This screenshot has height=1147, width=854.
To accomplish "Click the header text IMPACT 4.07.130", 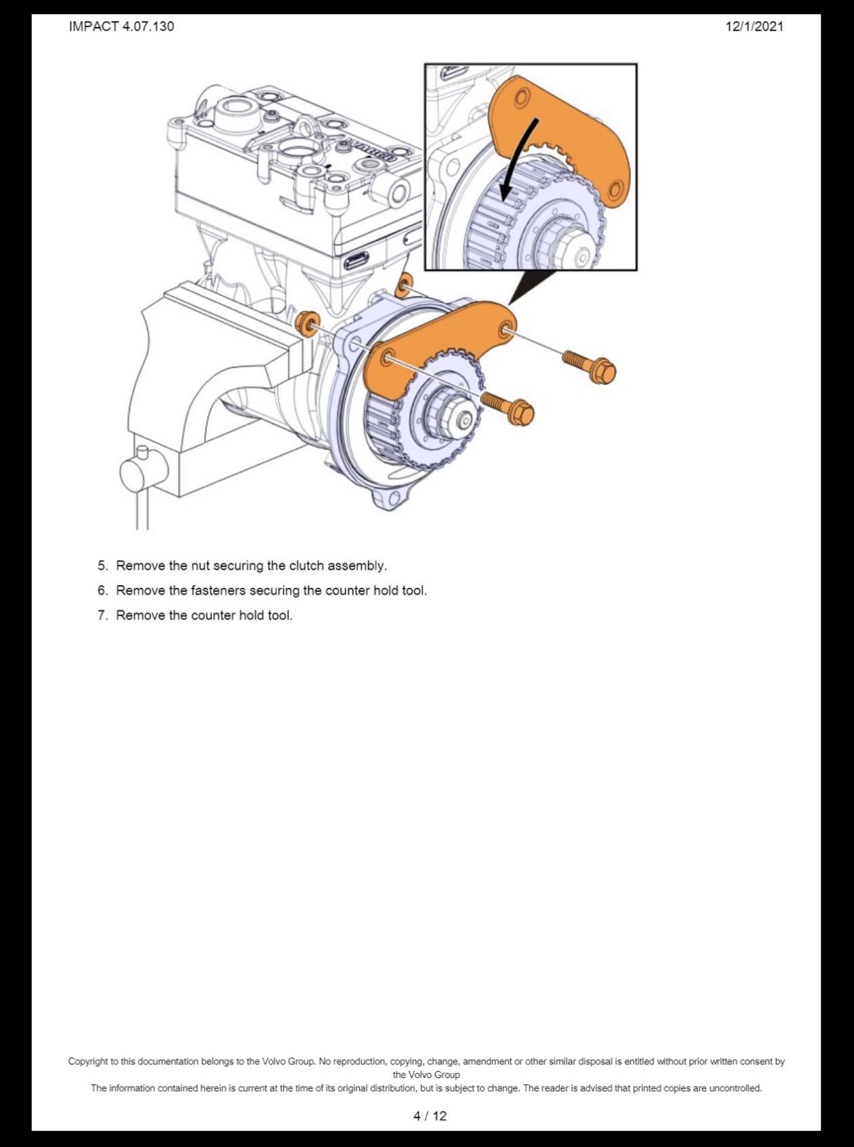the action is point(121,26).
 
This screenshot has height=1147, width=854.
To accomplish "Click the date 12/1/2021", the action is point(754,26).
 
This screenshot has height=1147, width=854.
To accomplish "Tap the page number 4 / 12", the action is point(429,1115).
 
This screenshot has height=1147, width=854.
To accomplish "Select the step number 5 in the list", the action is point(102,565).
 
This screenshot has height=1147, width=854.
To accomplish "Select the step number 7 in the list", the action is point(102,615).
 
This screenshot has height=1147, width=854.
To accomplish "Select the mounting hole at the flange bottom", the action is point(393,498).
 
